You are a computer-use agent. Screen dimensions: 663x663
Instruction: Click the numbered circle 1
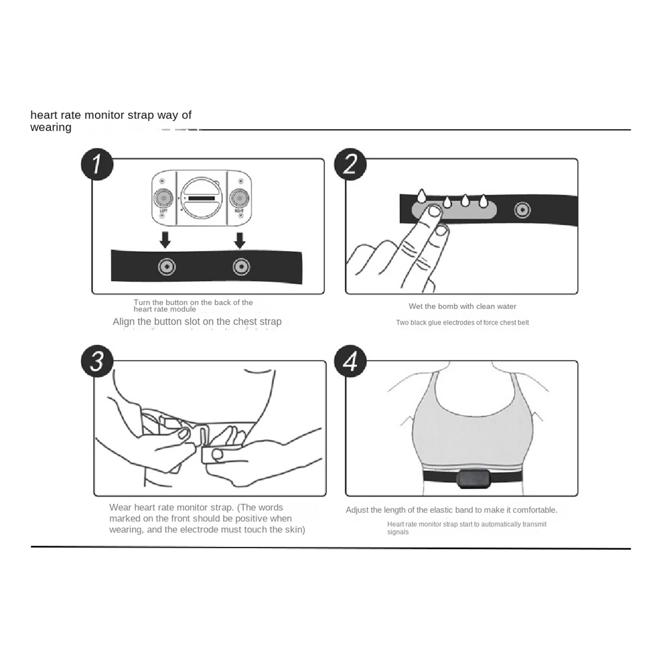point(97,164)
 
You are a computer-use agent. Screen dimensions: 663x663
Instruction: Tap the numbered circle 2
point(350,164)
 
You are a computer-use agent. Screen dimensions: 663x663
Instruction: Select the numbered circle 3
point(97,361)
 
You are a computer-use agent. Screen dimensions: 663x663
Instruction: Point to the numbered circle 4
point(350,361)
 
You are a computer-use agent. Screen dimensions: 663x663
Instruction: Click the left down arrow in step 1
point(165,240)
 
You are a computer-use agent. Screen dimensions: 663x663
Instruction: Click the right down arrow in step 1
point(240,240)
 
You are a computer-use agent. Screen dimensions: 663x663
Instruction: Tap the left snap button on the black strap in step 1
point(167,267)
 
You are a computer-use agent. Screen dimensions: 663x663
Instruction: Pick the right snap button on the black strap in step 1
point(241,267)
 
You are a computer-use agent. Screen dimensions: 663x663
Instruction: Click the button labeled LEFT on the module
point(163,198)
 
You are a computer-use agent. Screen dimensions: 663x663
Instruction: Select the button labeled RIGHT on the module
point(239,198)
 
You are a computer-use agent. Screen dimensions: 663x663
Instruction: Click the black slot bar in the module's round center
point(202,199)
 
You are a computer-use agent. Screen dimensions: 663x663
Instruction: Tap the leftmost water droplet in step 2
point(421,196)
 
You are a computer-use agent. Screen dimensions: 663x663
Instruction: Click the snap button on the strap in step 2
point(522,210)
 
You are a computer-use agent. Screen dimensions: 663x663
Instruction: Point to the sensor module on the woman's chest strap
point(473,479)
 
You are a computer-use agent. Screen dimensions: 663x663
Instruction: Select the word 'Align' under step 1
point(124,322)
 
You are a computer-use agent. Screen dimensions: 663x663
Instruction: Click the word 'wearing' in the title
point(51,128)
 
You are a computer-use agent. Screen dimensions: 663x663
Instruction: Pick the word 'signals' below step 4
point(398,532)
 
